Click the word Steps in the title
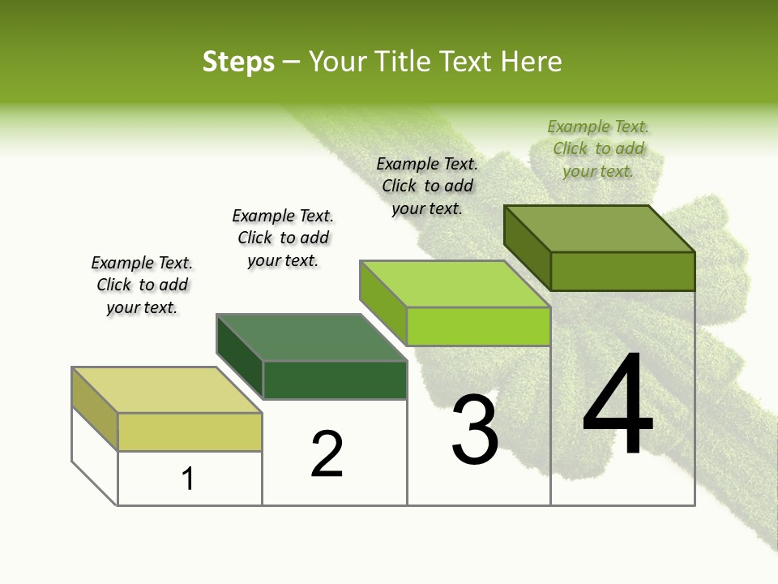point(238,62)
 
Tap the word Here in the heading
point(532,62)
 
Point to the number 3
point(475,430)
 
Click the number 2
point(327,454)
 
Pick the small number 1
point(187,479)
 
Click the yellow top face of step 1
point(166,390)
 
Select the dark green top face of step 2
point(311,337)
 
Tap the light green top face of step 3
point(455,284)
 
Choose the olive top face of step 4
point(599,229)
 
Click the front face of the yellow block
point(190,432)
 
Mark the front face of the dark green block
point(335,380)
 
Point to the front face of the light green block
point(478,326)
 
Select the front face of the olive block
point(622,271)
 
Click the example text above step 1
point(142,285)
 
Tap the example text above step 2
point(283,238)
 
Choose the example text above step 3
point(427,186)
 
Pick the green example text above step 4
point(598,148)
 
